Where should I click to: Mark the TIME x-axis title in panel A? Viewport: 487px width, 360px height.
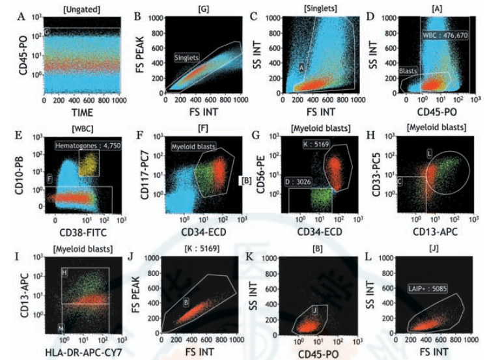coord(78,111)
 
